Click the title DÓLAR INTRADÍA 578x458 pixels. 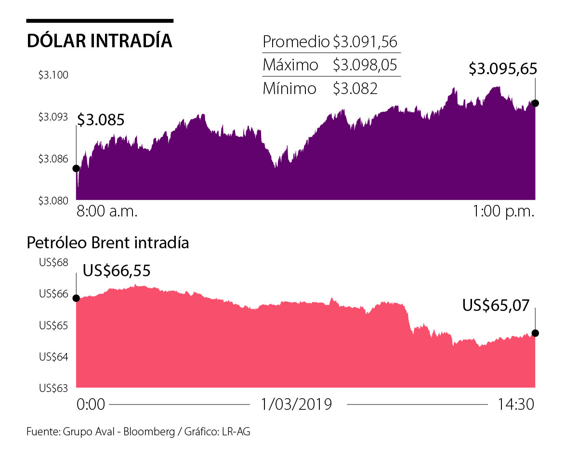[x=100, y=41]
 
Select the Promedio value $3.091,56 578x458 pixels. [x=365, y=42]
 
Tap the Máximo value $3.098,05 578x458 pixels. [x=365, y=65]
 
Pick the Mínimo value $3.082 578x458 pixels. [x=355, y=88]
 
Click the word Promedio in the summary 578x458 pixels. [x=296, y=42]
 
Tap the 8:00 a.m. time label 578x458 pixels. [x=107, y=212]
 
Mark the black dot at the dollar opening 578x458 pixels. [x=76, y=168]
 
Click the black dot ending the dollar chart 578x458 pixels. [x=535, y=103]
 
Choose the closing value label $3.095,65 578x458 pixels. [x=503, y=69]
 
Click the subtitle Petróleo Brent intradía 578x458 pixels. [x=108, y=242]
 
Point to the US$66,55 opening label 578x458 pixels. [x=117, y=270]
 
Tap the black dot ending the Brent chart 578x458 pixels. [x=535, y=333]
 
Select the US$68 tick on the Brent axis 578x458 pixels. [x=54, y=263]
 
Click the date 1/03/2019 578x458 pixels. [x=296, y=404]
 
